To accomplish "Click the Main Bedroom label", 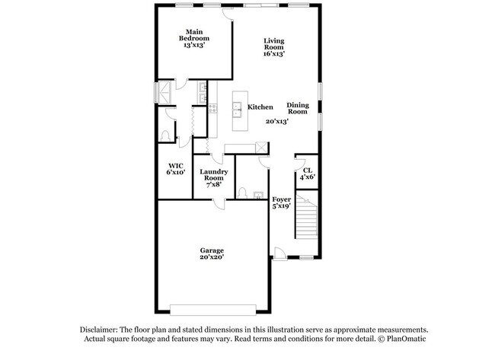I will tap(194, 38).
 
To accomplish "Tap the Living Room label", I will tap(274, 47).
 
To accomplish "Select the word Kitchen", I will tap(260, 107).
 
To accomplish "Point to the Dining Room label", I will tap(297, 108).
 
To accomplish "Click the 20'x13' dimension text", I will tap(276, 122).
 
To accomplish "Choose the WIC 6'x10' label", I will tap(177, 169).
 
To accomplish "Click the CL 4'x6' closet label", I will tap(307, 173).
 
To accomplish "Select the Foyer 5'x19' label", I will tap(281, 202).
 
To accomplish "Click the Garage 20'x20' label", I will tap(212, 253).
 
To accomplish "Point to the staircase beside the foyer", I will tap(307, 216).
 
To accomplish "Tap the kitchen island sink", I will tap(237, 107).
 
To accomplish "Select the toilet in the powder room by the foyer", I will tap(241, 192).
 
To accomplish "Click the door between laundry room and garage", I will tap(219, 202).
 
